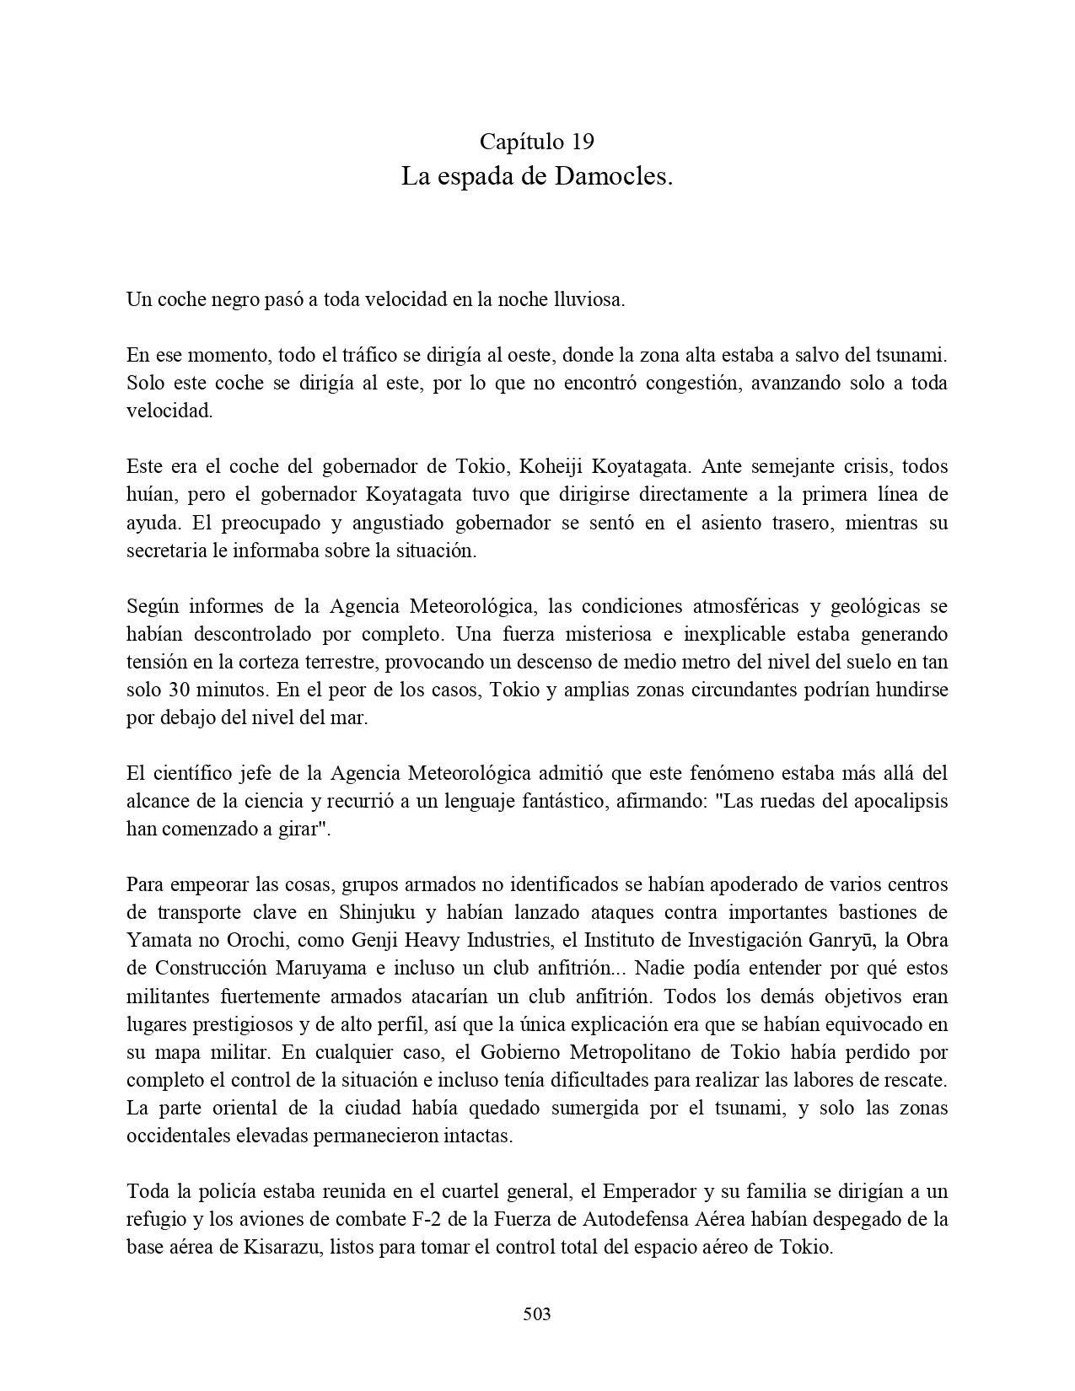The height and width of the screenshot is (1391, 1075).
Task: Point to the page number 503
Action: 537,1313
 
